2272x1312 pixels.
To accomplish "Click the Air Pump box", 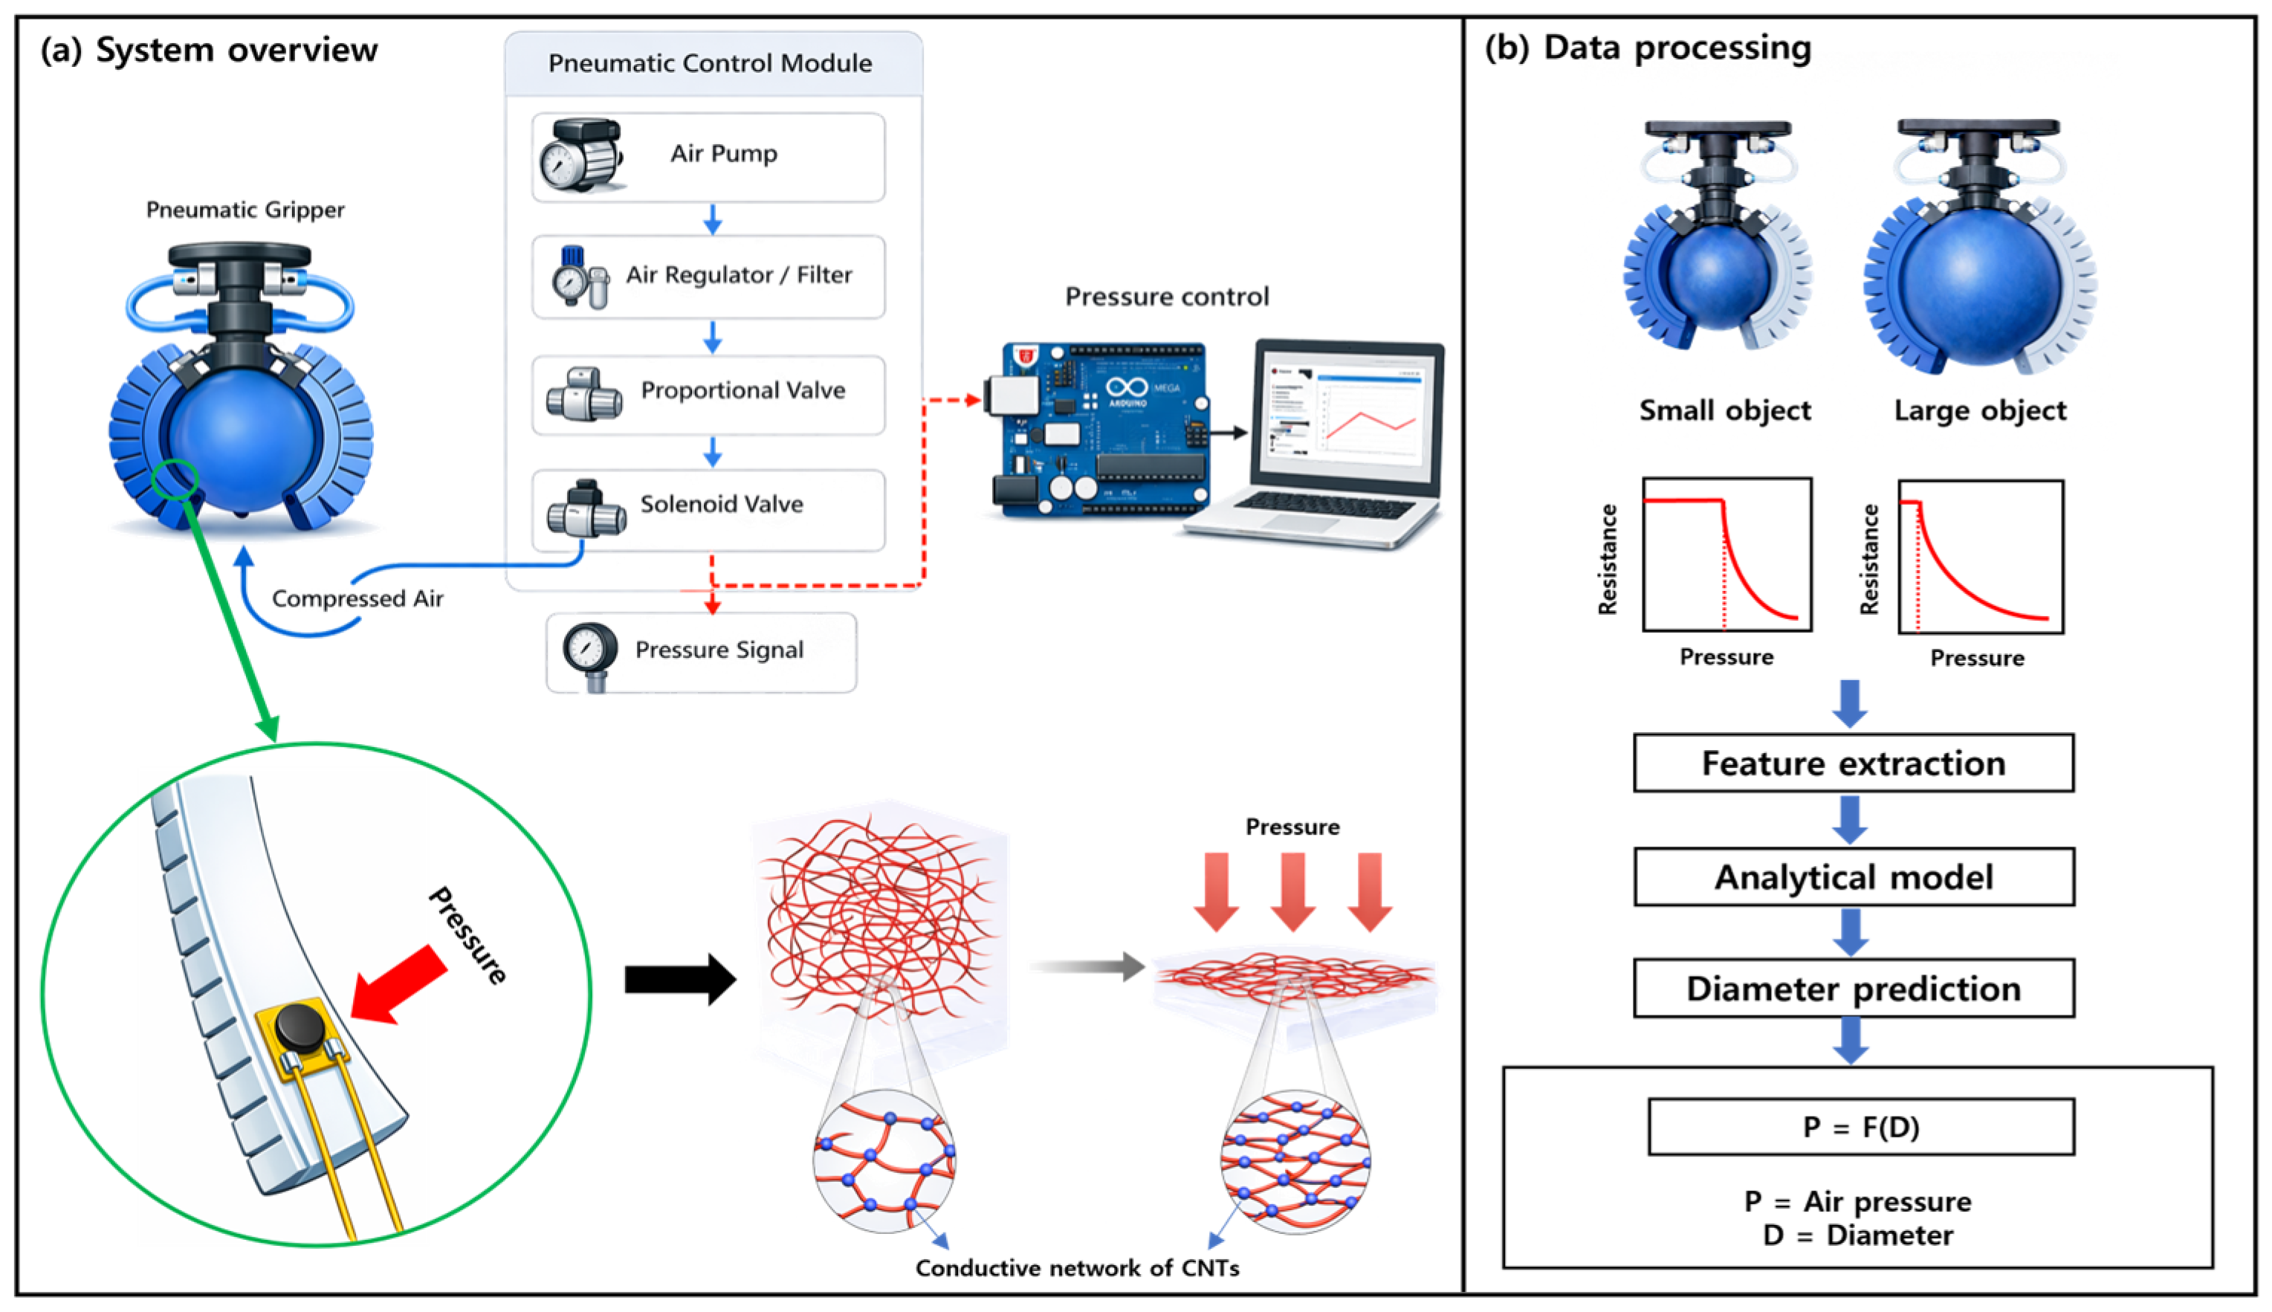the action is click(708, 157).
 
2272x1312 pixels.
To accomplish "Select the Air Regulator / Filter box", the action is click(708, 277).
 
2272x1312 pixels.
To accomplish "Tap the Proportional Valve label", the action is click(743, 390).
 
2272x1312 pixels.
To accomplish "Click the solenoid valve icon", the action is click(586, 509).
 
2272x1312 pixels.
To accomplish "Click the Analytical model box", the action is click(1854, 876).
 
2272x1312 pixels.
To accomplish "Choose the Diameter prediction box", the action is click(1854, 989).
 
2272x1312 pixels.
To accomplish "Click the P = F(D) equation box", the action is click(1861, 1126).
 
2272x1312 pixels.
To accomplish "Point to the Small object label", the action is click(1724, 411).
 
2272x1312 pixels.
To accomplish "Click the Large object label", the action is click(1980, 411).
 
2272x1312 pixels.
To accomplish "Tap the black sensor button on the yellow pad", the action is click(300, 1029).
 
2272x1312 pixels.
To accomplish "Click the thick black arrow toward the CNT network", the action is click(680, 980).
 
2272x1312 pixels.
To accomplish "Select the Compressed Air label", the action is click(357, 599).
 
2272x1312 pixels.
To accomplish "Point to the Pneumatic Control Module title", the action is click(710, 63).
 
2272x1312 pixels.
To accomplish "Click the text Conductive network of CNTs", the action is click(1078, 1268).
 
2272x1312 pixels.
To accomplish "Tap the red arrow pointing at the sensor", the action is click(399, 984).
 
